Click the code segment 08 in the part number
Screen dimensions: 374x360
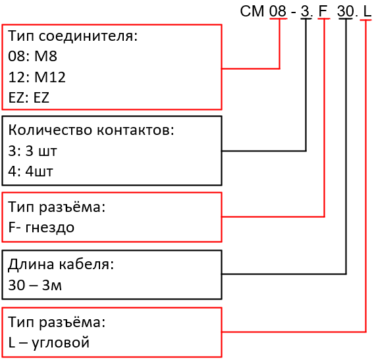pos(278,11)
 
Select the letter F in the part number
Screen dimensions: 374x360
pos(323,11)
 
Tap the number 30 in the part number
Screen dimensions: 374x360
pos(345,11)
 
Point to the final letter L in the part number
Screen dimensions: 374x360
pos(367,11)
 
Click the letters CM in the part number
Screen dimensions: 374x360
pos(252,11)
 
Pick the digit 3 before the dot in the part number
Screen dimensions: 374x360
pos(305,11)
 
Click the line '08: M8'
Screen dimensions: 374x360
pos(33,56)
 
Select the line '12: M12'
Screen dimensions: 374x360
pos(37,77)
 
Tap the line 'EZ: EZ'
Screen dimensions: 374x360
pos(28,97)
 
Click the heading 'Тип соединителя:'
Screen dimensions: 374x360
pos(72,36)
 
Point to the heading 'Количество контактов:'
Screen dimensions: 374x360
pos(91,130)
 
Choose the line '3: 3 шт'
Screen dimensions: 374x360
pos(32,151)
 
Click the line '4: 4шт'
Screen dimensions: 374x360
pos(30,171)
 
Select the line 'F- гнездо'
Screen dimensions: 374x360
pos(41,227)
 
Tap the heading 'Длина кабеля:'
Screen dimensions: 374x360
pos(61,265)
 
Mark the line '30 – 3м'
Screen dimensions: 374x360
pos(35,285)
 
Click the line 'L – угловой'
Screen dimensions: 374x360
pos(49,343)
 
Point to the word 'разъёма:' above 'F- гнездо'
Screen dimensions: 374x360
pos(72,207)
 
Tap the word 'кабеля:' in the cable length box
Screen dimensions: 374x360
pos(86,265)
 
